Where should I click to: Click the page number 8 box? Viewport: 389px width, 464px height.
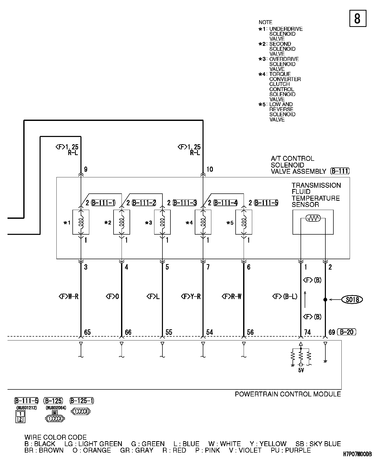click(358, 18)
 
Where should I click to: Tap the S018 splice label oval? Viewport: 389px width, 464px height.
click(352, 300)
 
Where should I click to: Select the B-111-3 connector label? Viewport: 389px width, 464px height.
click(185, 203)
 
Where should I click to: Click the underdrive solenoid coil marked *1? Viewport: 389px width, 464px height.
click(81, 222)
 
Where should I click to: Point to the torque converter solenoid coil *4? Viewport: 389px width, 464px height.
click(203, 222)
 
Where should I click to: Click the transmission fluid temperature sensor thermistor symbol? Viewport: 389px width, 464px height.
click(313, 218)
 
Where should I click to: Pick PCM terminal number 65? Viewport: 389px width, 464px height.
click(87, 332)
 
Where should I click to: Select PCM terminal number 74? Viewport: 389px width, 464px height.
click(308, 332)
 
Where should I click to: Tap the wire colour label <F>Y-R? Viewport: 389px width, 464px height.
click(191, 296)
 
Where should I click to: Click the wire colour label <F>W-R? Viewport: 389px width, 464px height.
click(69, 296)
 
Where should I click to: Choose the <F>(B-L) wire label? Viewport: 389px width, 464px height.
click(285, 296)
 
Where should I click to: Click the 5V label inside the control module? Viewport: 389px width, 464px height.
click(301, 370)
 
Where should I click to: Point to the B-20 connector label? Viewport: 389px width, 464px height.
click(347, 332)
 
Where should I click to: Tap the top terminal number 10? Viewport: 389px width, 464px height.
click(210, 169)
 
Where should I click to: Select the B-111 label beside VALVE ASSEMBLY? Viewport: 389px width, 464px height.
click(340, 171)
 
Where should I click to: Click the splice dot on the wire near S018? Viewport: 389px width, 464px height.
click(325, 300)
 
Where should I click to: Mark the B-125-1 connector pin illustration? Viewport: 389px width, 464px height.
click(81, 411)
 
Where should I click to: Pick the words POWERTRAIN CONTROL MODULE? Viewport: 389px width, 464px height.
click(288, 394)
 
